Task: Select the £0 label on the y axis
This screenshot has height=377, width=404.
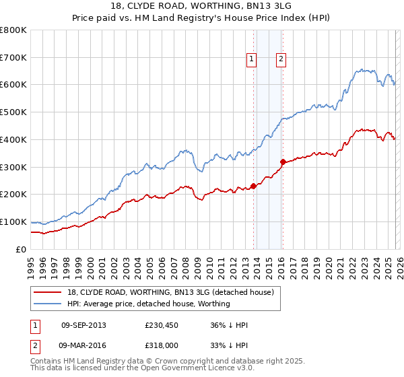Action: (x=21, y=249)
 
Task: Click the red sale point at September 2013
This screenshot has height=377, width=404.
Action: (x=253, y=186)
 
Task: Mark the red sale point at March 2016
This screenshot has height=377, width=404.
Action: (x=283, y=162)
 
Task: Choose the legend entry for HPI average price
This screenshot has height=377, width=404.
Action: (x=148, y=304)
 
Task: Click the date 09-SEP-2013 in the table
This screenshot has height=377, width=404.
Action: (x=83, y=325)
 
